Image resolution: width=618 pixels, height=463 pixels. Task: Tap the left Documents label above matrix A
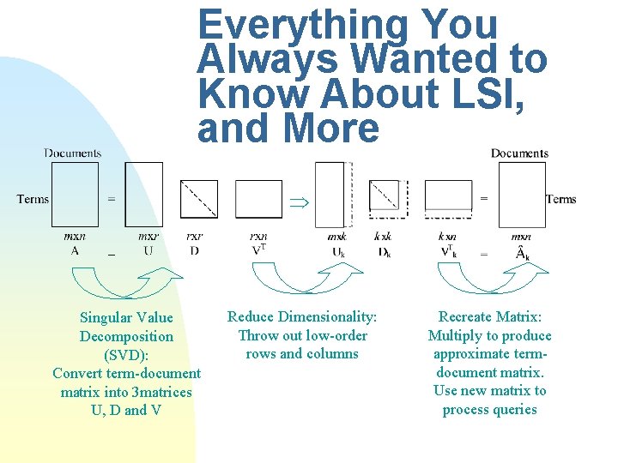[73, 153]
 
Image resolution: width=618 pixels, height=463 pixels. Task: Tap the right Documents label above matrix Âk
[519, 153]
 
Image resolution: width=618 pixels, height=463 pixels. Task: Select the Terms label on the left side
[33, 199]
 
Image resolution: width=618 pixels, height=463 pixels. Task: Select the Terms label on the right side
[560, 199]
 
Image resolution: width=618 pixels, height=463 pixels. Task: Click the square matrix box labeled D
[198, 199]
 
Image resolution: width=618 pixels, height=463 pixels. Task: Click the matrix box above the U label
[143, 195]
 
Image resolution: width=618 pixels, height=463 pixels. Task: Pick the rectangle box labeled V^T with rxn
[258, 199]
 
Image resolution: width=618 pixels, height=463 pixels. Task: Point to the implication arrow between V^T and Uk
[298, 202]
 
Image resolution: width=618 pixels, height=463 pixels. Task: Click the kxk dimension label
[383, 237]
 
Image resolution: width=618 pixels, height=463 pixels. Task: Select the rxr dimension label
[195, 237]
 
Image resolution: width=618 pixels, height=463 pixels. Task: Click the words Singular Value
[126, 318]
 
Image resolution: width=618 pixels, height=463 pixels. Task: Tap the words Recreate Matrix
[489, 317]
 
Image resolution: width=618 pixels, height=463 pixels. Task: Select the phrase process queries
[489, 410]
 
